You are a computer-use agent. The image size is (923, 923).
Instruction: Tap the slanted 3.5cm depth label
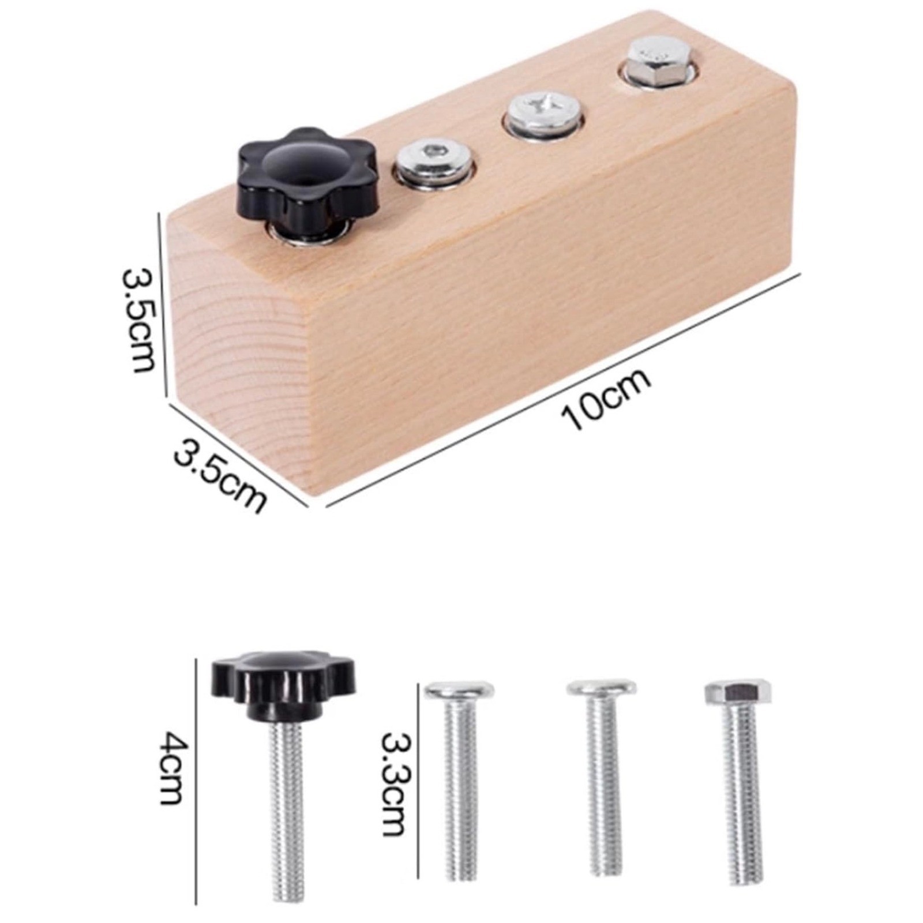220,474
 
